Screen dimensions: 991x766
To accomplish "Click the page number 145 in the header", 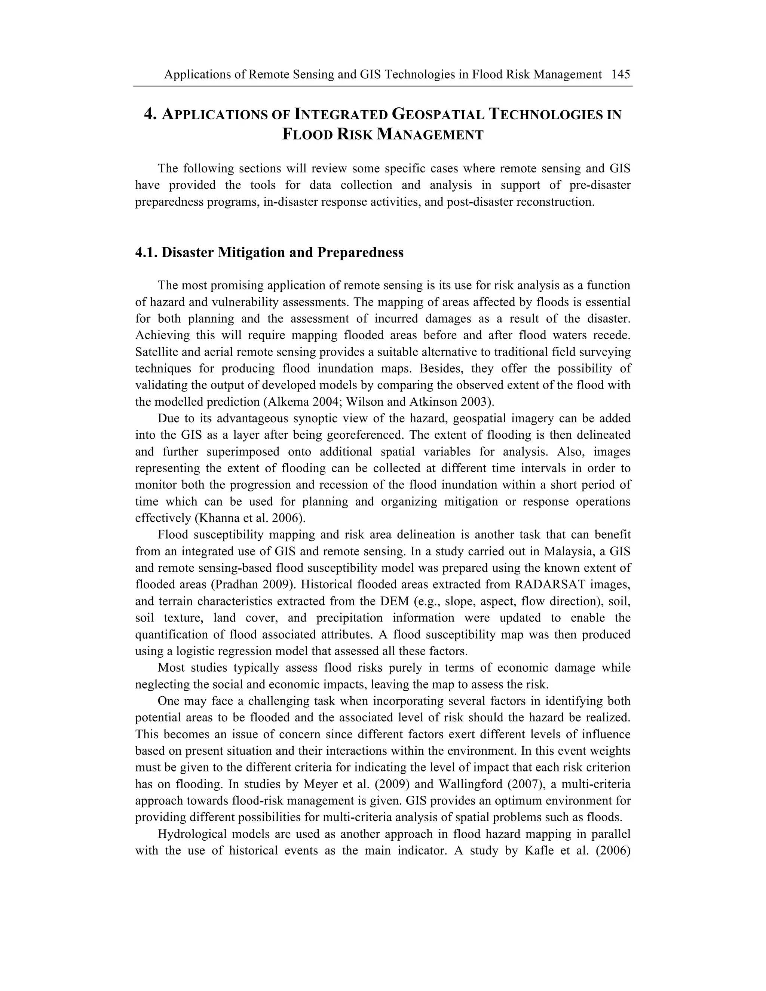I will coord(621,74).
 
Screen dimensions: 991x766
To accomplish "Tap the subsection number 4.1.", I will coord(146,252).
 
